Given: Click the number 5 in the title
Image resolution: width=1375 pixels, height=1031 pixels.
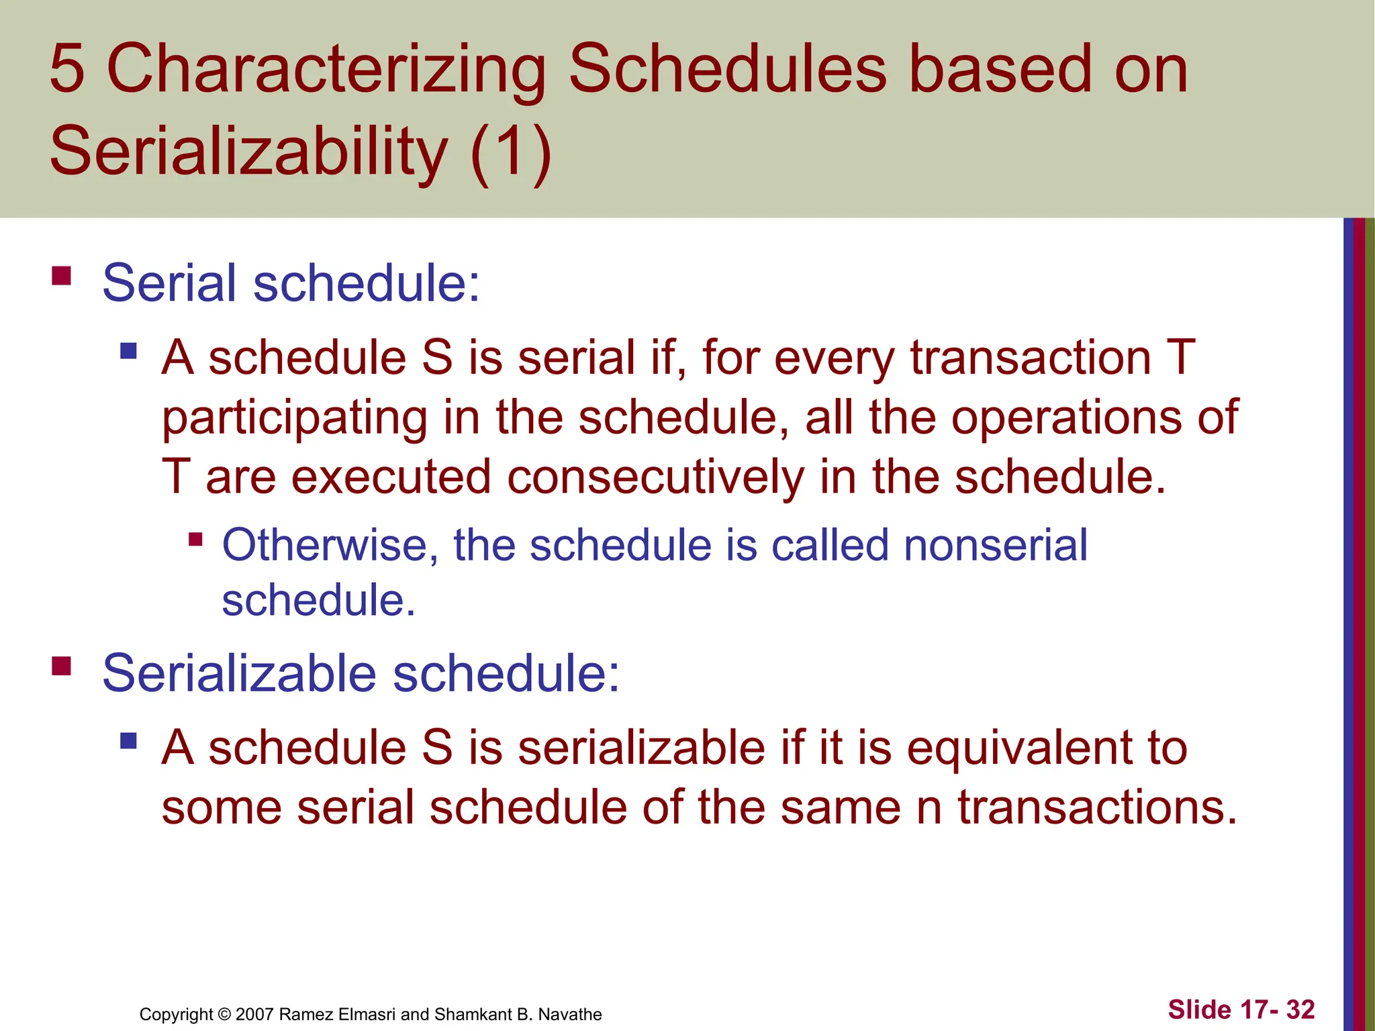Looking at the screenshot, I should [x=68, y=68].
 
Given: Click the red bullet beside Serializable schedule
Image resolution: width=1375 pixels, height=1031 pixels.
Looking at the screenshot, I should [x=62, y=667].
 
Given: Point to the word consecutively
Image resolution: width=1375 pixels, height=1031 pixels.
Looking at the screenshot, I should [x=655, y=477].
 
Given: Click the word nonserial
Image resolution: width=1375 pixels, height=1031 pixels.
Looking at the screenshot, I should [x=995, y=544].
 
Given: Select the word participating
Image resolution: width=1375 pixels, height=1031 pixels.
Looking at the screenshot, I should [x=295, y=418].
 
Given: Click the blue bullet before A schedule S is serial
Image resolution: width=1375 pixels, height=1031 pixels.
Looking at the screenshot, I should [x=128, y=351].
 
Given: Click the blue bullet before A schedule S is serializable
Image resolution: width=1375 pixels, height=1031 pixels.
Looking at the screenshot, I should [x=128, y=741].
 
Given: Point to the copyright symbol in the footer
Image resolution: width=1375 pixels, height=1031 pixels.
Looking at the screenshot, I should [x=224, y=1014].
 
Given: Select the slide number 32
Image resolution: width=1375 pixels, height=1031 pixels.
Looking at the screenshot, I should [x=1300, y=1010].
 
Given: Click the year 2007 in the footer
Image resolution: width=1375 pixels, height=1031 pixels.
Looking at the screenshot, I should [x=254, y=1014].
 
